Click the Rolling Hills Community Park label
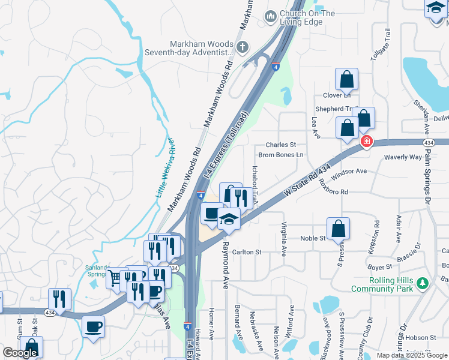(x=391, y=284)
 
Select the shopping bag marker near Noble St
(x=339, y=229)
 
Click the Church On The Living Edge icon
(x=270, y=14)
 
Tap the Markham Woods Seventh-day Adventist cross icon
(x=243, y=47)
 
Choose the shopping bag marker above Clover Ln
(x=347, y=79)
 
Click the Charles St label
(x=281, y=145)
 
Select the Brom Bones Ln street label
(x=281, y=155)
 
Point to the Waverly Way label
(x=403, y=157)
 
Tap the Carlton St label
(x=247, y=253)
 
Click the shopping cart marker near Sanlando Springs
(x=114, y=278)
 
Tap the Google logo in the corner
(x=20, y=353)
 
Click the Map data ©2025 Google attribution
(x=411, y=355)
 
